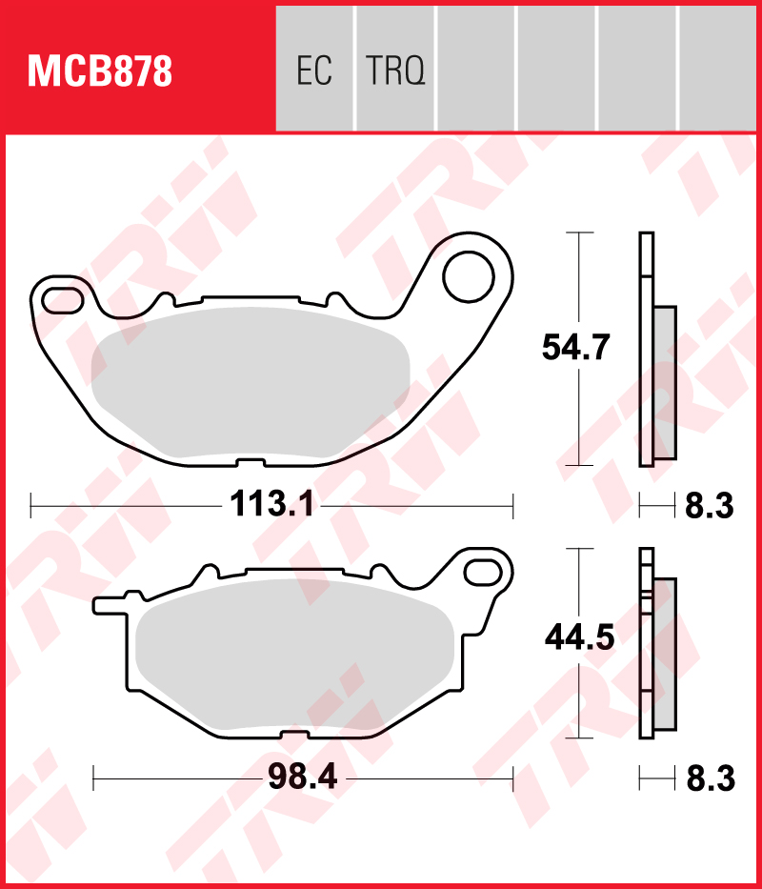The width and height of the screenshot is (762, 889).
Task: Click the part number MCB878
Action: (x=100, y=71)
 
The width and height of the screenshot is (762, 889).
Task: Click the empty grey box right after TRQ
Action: (x=475, y=69)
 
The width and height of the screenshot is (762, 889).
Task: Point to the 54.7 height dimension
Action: (x=575, y=348)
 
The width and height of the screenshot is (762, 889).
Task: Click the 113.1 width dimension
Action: (x=271, y=503)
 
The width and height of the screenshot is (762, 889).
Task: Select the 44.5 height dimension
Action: (x=578, y=636)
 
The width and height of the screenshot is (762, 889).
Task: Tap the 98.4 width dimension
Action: (x=304, y=778)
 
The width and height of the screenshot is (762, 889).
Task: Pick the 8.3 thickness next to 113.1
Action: (x=709, y=505)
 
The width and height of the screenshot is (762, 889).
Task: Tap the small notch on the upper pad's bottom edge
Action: (x=249, y=463)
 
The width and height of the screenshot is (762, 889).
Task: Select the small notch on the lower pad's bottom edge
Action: (x=295, y=733)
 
